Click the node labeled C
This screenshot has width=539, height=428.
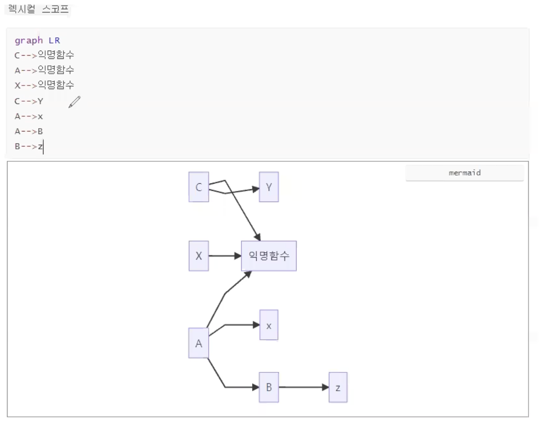click(x=198, y=187)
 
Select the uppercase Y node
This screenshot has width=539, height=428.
click(x=269, y=187)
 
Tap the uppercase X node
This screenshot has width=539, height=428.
click(x=198, y=256)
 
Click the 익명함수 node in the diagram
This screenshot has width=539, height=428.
click(x=269, y=256)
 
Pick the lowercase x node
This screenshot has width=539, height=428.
click(x=269, y=325)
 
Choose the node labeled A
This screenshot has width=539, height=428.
click(x=198, y=343)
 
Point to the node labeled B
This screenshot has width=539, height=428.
click(x=269, y=387)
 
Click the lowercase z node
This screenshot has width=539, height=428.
click(x=338, y=387)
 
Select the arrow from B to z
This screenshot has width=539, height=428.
click(x=303, y=387)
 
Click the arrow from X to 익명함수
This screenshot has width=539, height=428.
click(x=224, y=256)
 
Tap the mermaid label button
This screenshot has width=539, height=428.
click(x=464, y=173)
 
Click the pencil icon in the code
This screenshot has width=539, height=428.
click(x=74, y=102)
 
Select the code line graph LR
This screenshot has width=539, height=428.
click(x=37, y=41)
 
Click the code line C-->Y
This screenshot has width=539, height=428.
click(x=29, y=101)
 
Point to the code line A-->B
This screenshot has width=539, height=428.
click(x=29, y=131)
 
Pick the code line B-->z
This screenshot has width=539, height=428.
click(x=29, y=146)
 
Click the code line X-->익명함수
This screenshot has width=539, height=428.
click(x=44, y=85)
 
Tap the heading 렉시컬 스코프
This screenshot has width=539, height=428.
click(x=38, y=9)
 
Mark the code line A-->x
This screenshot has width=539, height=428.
click(x=29, y=117)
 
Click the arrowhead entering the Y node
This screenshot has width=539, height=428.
click(x=256, y=189)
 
